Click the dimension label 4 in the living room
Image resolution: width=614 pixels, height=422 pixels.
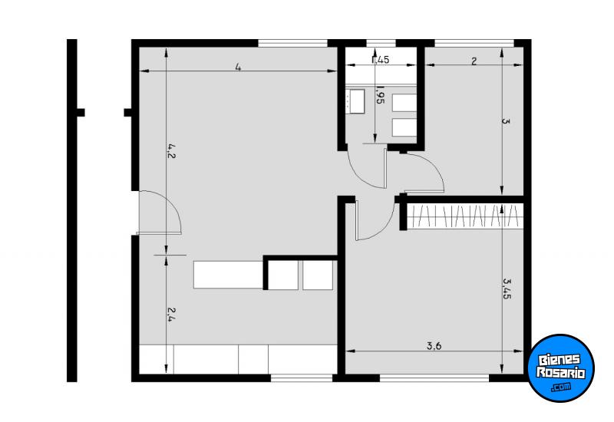(239, 68)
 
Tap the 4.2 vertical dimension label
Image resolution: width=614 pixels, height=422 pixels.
(172, 152)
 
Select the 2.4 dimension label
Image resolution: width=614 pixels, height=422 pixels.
(172, 315)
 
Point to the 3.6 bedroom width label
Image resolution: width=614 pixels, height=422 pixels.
(434, 345)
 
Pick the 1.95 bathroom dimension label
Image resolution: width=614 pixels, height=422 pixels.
(379, 96)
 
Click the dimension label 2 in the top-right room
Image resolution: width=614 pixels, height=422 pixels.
(474, 61)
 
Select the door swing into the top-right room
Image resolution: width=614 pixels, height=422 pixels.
(424, 172)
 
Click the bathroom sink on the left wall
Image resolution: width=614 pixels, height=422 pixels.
(355, 101)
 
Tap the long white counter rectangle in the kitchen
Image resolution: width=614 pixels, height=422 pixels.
(228, 274)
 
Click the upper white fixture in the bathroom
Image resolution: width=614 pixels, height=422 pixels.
(403, 103)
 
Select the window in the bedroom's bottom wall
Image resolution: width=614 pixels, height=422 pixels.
(434, 377)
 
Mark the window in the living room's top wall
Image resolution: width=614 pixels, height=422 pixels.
(292, 43)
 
